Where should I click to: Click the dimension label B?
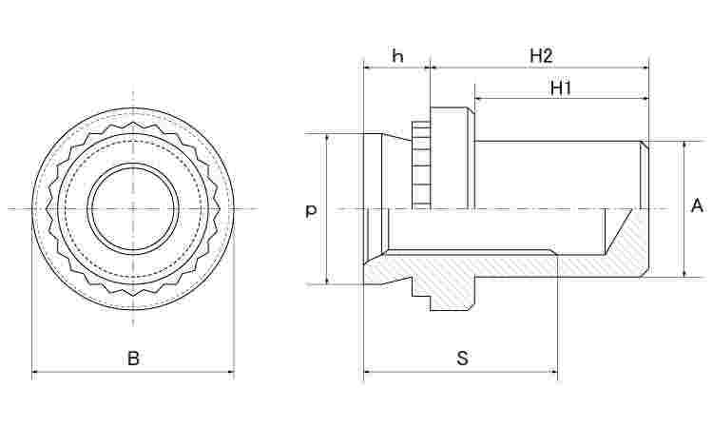point(133,359)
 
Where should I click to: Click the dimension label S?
point(462,359)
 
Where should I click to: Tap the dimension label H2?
point(541,55)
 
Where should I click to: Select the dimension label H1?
point(560,88)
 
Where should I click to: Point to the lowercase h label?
point(397,56)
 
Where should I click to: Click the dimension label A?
point(696,205)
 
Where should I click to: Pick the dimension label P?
point(311,211)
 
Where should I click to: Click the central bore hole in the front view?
point(133,209)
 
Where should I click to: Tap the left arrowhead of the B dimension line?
point(35,372)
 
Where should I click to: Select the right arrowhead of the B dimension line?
point(230,372)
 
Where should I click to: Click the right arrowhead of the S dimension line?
point(553,372)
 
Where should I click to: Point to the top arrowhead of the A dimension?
point(684,146)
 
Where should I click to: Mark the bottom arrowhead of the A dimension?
point(684,273)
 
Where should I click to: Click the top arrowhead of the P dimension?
point(327,138)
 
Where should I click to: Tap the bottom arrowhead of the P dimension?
point(327,281)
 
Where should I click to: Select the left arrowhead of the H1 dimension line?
point(479,98)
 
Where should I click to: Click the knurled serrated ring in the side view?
point(421,165)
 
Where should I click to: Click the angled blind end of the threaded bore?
point(619,232)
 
